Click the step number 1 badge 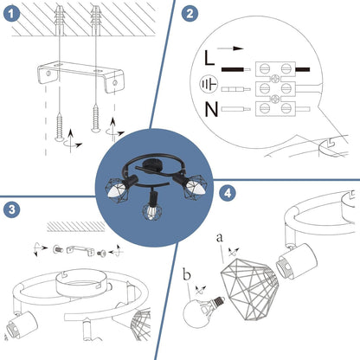(11, 14)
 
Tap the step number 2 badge (190, 13)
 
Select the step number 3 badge (12, 209)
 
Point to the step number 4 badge (228, 193)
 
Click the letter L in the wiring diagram (209, 58)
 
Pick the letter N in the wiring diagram (211, 109)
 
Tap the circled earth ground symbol (209, 85)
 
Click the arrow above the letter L (230, 48)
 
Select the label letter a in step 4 (220, 238)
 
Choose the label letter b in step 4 (187, 274)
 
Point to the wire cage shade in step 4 (250, 289)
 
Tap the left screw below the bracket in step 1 (60, 126)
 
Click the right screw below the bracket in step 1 (95, 119)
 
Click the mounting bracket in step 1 (81, 75)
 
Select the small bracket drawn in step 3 (80, 250)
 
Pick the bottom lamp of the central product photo (151, 207)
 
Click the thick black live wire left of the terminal (233, 69)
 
